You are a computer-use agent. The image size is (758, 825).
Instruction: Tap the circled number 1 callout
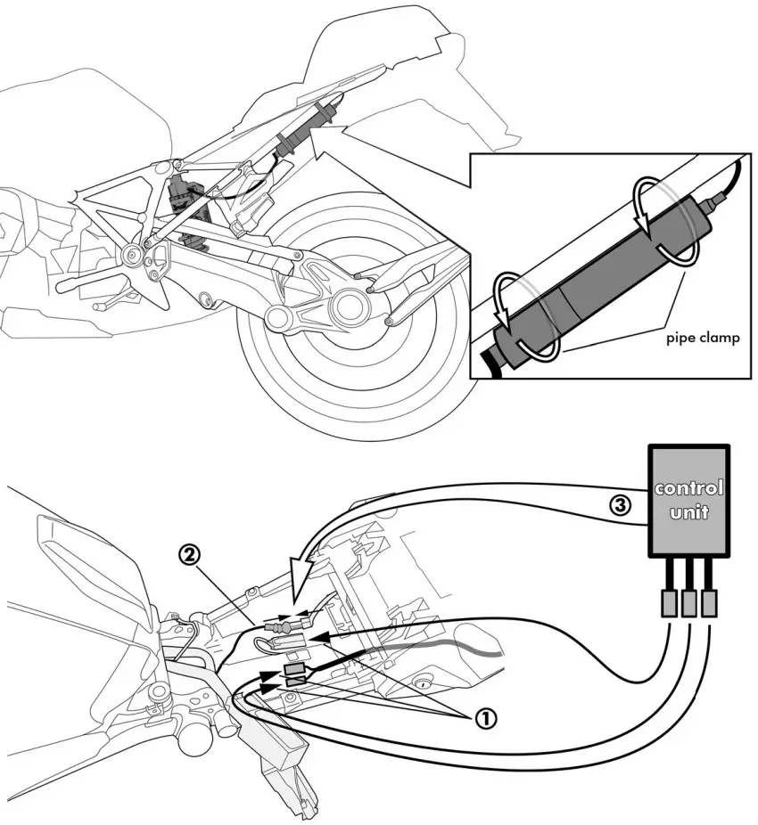(486, 719)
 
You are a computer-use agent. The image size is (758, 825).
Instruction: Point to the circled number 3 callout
(621, 505)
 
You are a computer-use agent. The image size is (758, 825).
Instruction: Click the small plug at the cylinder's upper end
(711, 204)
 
